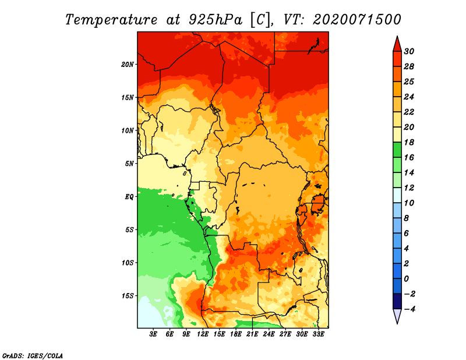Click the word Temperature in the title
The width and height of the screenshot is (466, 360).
(111, 20)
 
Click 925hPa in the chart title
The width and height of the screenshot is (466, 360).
(216, 20)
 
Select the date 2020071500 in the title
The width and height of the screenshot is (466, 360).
(357, 20)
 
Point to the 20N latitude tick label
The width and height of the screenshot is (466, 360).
(128, 65)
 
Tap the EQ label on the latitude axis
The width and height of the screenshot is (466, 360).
(129, 197)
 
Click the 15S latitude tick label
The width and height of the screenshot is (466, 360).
(128, 296)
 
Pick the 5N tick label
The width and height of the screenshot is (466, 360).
(129, 164)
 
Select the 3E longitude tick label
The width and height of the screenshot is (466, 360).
(153, 334)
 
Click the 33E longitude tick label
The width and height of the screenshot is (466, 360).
(318, 334)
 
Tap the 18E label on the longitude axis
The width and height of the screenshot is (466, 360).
(236, 334)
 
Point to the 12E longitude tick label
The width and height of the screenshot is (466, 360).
(203, 334)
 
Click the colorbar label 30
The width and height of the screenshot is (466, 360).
(409, 51)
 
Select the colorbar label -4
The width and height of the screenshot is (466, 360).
(409, 309)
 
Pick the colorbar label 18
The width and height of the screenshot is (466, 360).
(409, 142)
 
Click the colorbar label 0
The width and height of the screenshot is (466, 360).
(406, 279)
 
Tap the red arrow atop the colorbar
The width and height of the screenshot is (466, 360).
(397, 44)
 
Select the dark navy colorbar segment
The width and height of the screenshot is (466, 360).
(397, 301)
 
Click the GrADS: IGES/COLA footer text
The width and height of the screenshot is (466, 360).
(33, 355)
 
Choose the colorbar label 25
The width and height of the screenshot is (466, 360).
(409, 82)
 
